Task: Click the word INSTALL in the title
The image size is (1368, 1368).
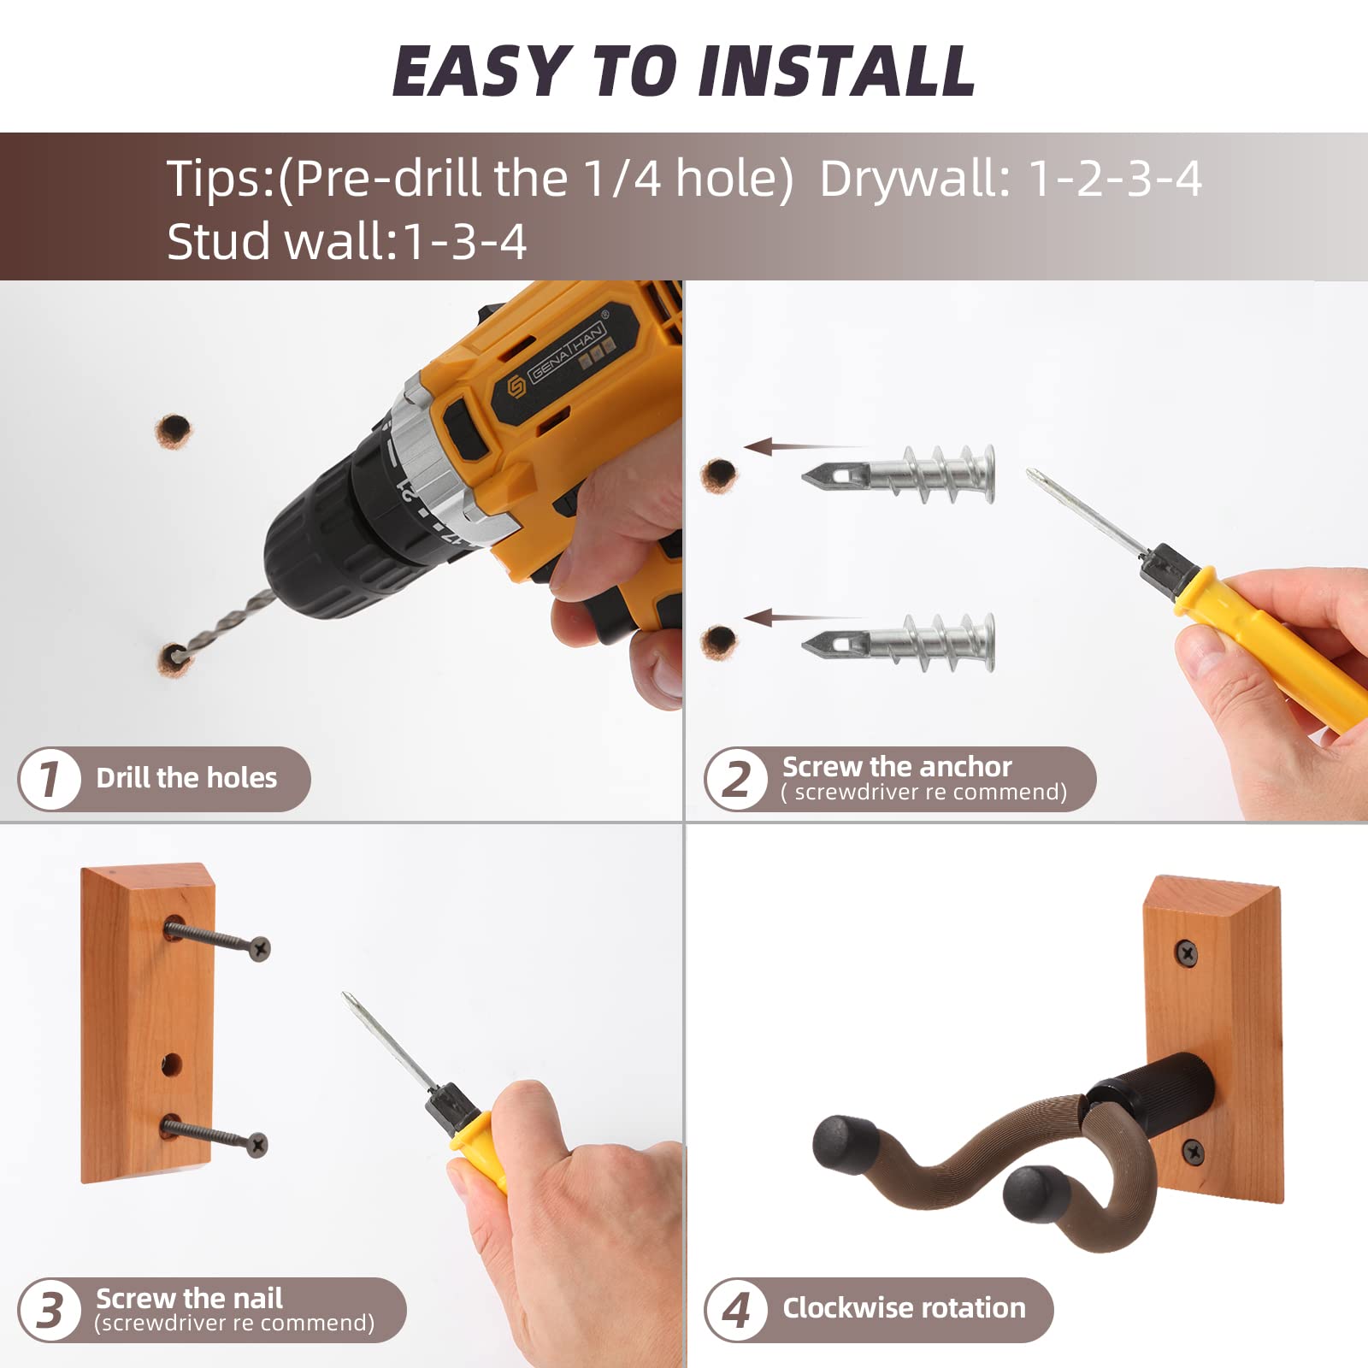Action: [836, 72]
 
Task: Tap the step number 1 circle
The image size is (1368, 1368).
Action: [50, 778]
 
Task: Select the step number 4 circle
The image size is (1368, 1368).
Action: [736, 1309]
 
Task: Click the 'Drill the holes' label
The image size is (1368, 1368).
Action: [186, 778]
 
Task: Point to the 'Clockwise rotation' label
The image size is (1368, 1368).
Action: [904, 1308]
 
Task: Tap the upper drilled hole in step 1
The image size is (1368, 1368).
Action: [174, 431]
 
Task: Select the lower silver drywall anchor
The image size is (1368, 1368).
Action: [906, 641]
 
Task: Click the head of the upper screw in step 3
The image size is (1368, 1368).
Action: [259, 947]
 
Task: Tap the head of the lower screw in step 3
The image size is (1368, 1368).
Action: [256, 1144]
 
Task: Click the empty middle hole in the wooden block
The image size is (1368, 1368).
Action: [172, 1064]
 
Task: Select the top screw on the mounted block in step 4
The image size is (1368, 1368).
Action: [1186, 952]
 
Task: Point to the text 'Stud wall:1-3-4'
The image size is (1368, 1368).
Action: [346, 242]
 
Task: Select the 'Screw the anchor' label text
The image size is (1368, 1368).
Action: [896, 767]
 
